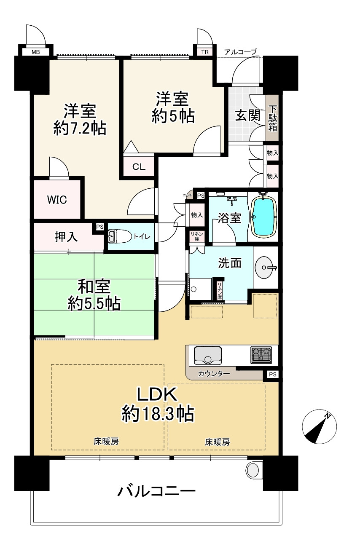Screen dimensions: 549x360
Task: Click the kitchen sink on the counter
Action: click(208, 355)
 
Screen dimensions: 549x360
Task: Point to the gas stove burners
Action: click(261, 355)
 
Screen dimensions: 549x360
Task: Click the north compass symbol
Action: click(320, 427)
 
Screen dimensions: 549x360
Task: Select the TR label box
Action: click(205, 52)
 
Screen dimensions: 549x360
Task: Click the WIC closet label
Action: click(57, 199)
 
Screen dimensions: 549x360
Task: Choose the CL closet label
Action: click(139, 167)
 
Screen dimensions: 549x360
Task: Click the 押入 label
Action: click(66, 237)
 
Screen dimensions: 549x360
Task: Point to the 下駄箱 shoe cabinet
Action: click(272, 118)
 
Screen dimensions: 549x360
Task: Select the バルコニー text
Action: click(156, 492)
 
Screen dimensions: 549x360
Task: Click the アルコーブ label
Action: click(240, 52)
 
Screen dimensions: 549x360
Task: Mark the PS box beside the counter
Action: click(272, 374)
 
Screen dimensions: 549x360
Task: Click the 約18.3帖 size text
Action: click(158, 414)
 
